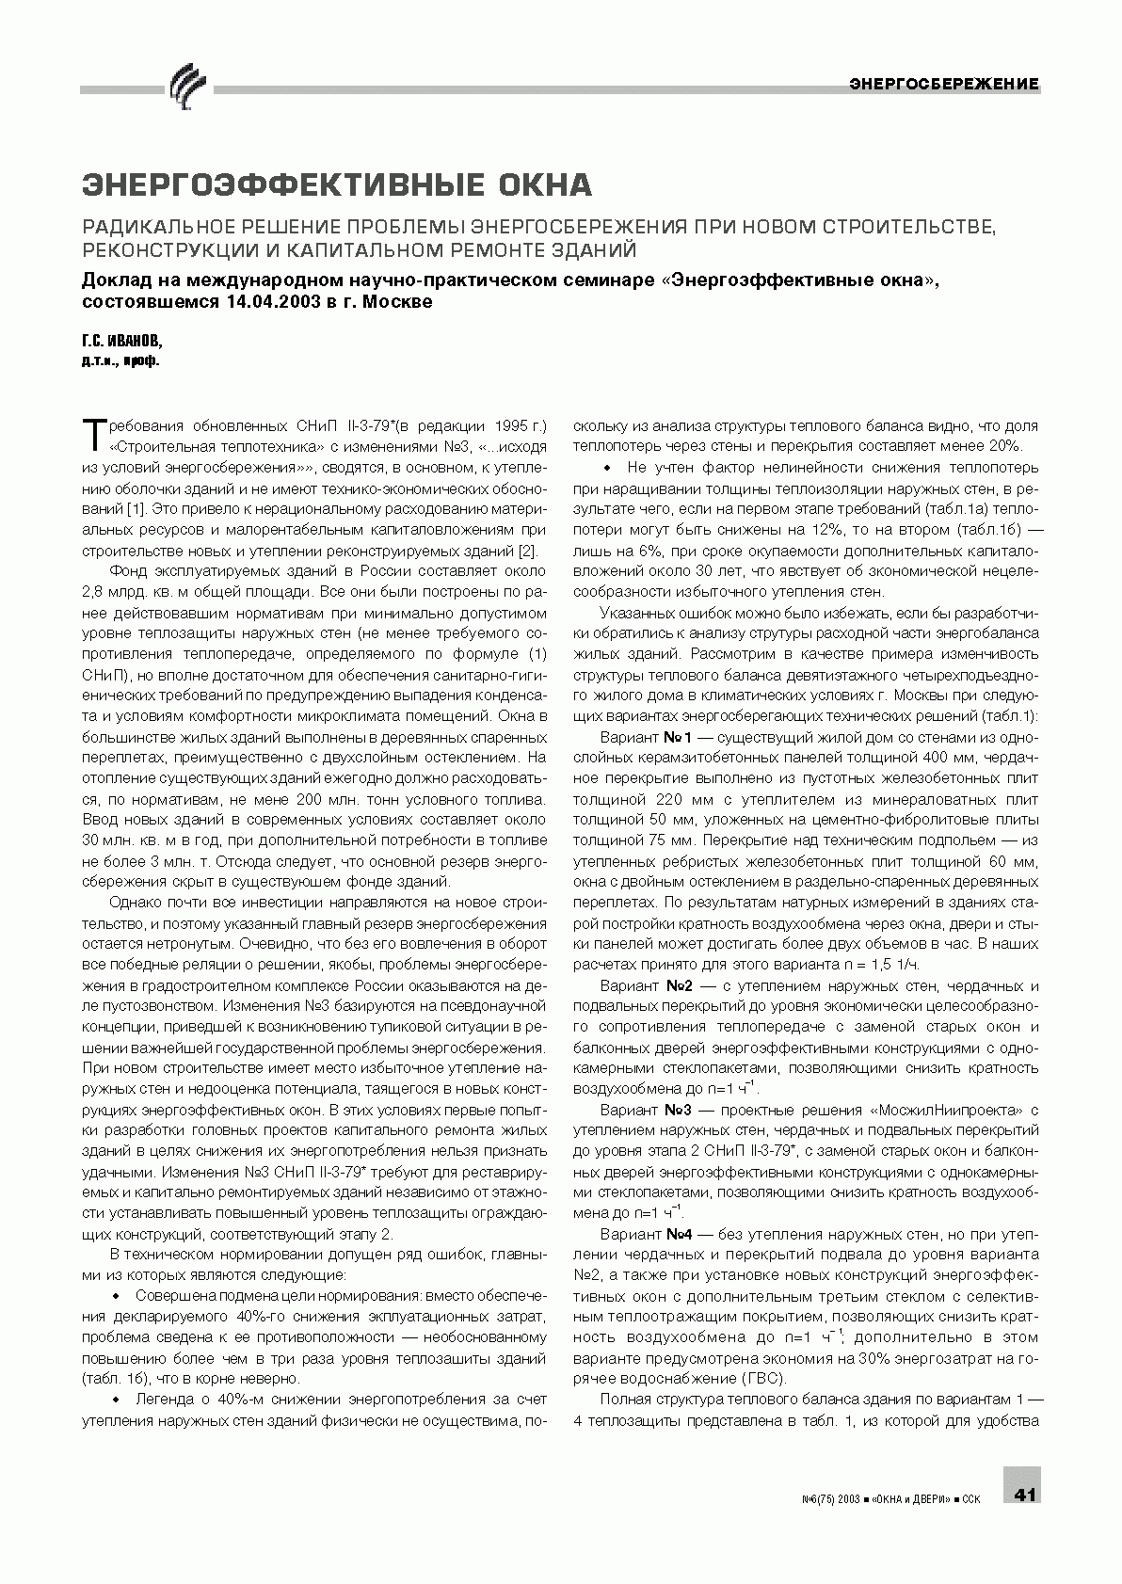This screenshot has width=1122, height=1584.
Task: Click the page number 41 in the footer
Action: coord(1024,1494)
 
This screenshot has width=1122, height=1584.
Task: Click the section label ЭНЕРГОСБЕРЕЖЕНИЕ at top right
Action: coord(944,84)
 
